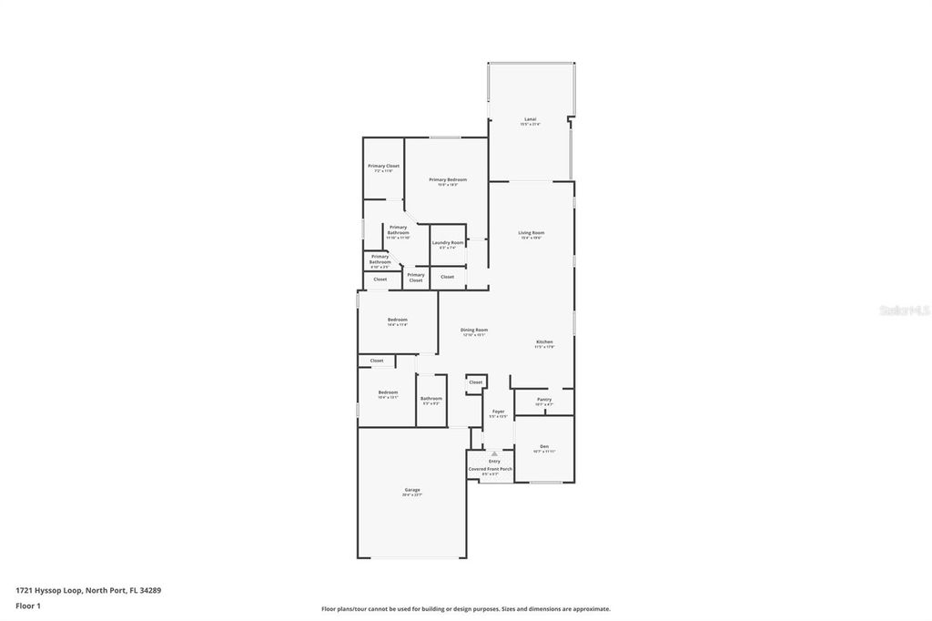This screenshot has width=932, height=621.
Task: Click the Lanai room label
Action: (x=530, y=119)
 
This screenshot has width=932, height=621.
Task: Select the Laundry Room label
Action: (x=448, y=243)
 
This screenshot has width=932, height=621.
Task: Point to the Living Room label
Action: (x=531, y=233)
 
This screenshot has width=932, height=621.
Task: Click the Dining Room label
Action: (x=474, y=330)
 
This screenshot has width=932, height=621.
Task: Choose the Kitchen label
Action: (x=544, y=342)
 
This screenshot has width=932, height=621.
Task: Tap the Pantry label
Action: (x=544, y=400)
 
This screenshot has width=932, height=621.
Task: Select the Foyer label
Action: (x=498, y=412)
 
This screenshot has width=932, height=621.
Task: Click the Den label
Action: (x=544, y=446)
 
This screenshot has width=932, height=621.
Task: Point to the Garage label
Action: (x=412, y=490)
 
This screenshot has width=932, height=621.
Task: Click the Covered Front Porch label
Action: (x=491, y=469)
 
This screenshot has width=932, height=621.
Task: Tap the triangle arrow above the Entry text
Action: (x=494, y=453)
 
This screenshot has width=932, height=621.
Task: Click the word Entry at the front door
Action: (x=494, y=462)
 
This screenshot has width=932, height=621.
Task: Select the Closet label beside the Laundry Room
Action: (x=448, y=277)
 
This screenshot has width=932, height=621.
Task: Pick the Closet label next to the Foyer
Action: (x=475, y=382)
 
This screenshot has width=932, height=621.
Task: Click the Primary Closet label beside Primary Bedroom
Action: (x=383, y=166)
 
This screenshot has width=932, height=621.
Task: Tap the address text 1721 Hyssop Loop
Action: (x=88, y=590)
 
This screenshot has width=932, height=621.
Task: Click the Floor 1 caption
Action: (x=28, y=606)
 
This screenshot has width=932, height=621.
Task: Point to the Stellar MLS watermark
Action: (x=904, y=310)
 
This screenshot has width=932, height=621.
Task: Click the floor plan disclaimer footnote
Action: (x=465, y=609)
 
